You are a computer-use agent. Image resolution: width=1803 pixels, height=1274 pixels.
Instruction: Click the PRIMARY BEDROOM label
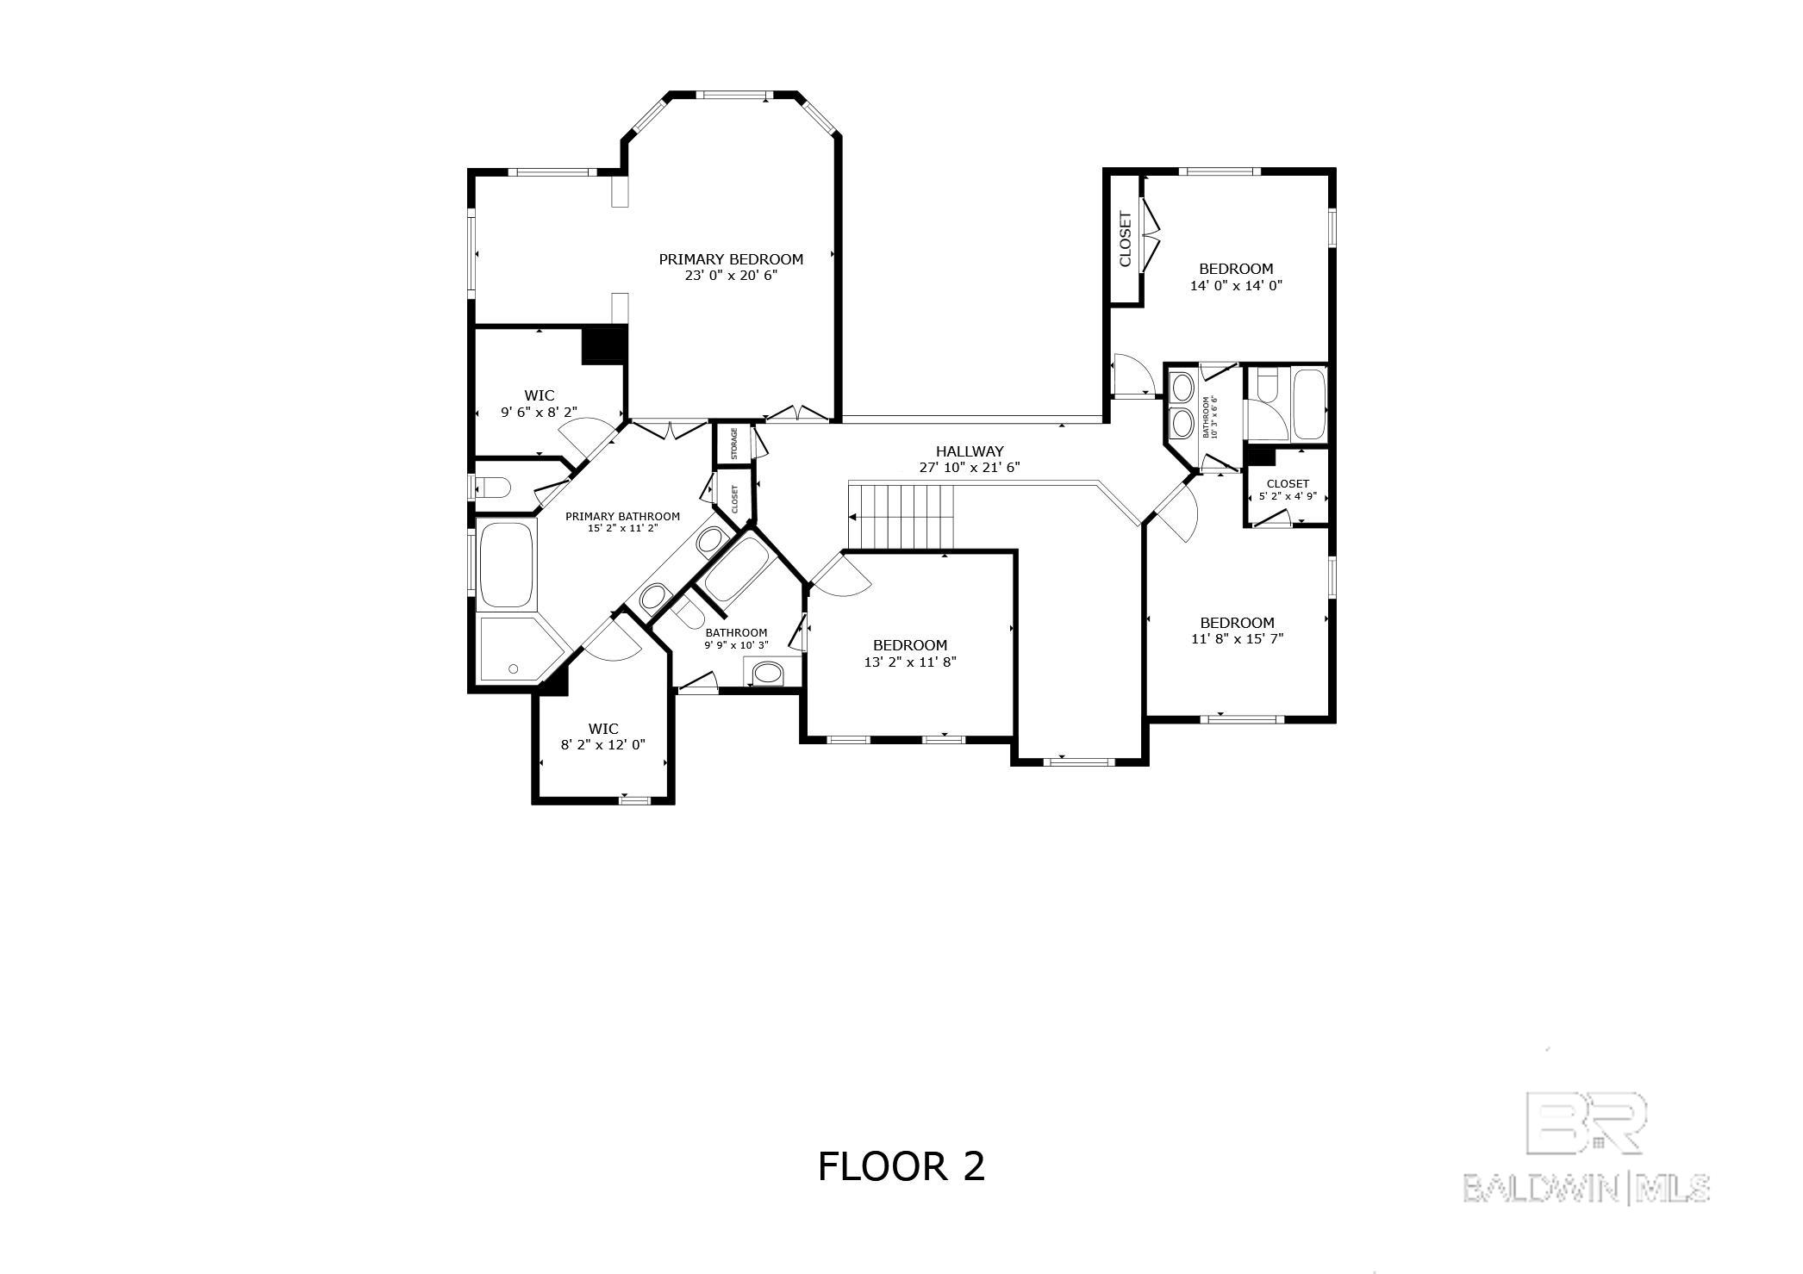pos(731,259)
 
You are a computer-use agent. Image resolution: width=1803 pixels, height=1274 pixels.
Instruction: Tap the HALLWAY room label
pos(970,451)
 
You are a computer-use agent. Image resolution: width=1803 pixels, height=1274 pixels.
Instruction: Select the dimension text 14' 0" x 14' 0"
pos(1236,286)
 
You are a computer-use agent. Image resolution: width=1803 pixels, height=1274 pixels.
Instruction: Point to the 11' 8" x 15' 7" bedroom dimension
pos(1237,639)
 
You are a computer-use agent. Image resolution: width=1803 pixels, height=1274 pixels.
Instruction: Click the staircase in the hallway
pos(902,515)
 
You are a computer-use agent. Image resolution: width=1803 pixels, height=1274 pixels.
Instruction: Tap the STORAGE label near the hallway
pos(734,443)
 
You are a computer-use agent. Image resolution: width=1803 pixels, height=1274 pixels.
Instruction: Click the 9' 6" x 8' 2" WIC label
pos(539,413)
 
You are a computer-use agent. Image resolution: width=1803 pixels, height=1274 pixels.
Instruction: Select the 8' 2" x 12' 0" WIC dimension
pos(602,745)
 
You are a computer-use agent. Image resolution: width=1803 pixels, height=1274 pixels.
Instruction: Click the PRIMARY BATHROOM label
pos(622,517)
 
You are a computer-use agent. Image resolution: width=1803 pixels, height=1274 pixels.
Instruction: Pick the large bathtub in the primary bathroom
pos(507,564)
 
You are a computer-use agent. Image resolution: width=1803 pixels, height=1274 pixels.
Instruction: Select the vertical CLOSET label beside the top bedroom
pos(1125,239)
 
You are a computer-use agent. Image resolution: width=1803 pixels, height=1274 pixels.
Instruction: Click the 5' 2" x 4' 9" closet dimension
pos(1288,496)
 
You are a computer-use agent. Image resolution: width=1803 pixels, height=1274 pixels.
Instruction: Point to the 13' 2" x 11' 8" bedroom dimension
pos(910,662)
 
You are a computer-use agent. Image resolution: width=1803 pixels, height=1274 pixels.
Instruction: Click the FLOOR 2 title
pos(901,1167)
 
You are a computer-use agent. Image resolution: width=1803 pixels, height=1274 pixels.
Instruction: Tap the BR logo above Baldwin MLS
pos(1586,1122)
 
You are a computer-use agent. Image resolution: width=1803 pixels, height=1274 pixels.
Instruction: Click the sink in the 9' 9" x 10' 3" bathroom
pos(766,673)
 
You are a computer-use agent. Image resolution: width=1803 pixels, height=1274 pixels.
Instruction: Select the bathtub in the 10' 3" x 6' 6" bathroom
pos(1308,404)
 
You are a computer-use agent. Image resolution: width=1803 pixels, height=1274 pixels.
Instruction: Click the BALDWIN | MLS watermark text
pos(1587,1190)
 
